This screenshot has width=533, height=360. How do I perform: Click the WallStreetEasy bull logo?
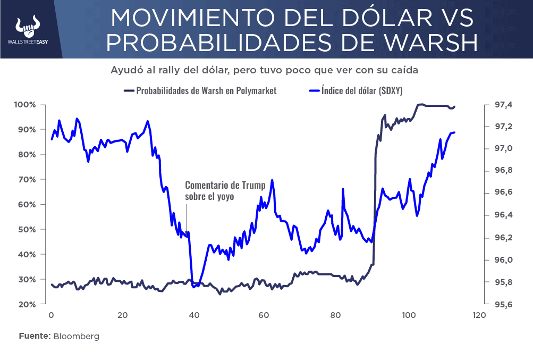point(29,26)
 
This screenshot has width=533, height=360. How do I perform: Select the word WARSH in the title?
point(420,43)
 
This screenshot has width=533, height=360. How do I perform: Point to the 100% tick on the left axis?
point(25,105)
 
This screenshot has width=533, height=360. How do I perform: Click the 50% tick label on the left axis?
point(27,230)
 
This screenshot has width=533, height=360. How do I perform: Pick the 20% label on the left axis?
point(27,305)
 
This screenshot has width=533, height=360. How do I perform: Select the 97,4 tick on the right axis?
point(504,105)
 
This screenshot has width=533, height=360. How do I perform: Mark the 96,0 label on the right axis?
point(504,260)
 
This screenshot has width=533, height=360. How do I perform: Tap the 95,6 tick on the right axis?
point(504,305)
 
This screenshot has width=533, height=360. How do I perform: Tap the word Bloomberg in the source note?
point(76,337)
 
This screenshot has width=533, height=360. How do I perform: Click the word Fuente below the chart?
point(35,337)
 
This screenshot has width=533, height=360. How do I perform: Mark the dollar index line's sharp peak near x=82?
point(343,189)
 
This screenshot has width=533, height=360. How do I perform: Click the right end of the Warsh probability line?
point(455,106)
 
